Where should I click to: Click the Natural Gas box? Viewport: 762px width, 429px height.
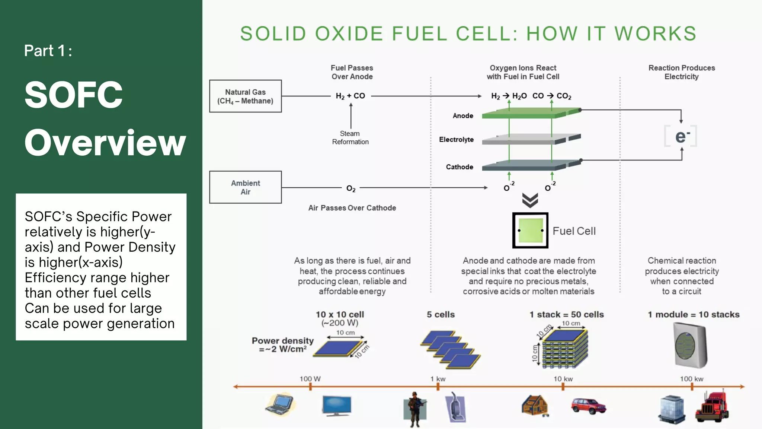[x=245, y=96]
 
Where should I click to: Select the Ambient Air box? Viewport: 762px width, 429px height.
[x=245, y=187]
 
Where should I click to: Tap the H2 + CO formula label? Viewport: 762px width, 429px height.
[x=350, y=96]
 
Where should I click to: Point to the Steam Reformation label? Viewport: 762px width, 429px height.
[x=350, y=137]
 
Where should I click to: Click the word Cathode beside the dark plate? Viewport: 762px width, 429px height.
[x=460, y=167]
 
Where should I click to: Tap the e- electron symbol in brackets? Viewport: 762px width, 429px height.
[x=681, y=136]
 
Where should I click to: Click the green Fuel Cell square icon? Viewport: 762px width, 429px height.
[x=530, y=231]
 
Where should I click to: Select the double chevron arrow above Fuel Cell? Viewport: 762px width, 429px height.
[x=530, y=200]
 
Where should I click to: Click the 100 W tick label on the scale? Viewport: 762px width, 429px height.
[x=310, y=379]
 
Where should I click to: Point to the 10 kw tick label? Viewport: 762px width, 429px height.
[x=563, y=379]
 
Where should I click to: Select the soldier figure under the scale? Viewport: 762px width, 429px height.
[x=414, y=409]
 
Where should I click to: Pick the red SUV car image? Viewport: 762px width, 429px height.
[x=588, y=406]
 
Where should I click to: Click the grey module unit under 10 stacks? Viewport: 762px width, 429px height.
[x=690, y=345]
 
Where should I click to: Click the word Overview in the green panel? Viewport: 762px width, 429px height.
[x=105, y=143]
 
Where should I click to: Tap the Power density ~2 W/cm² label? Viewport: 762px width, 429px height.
[x=283, y=345]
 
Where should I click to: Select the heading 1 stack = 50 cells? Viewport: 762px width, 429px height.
[x=566, y=314]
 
